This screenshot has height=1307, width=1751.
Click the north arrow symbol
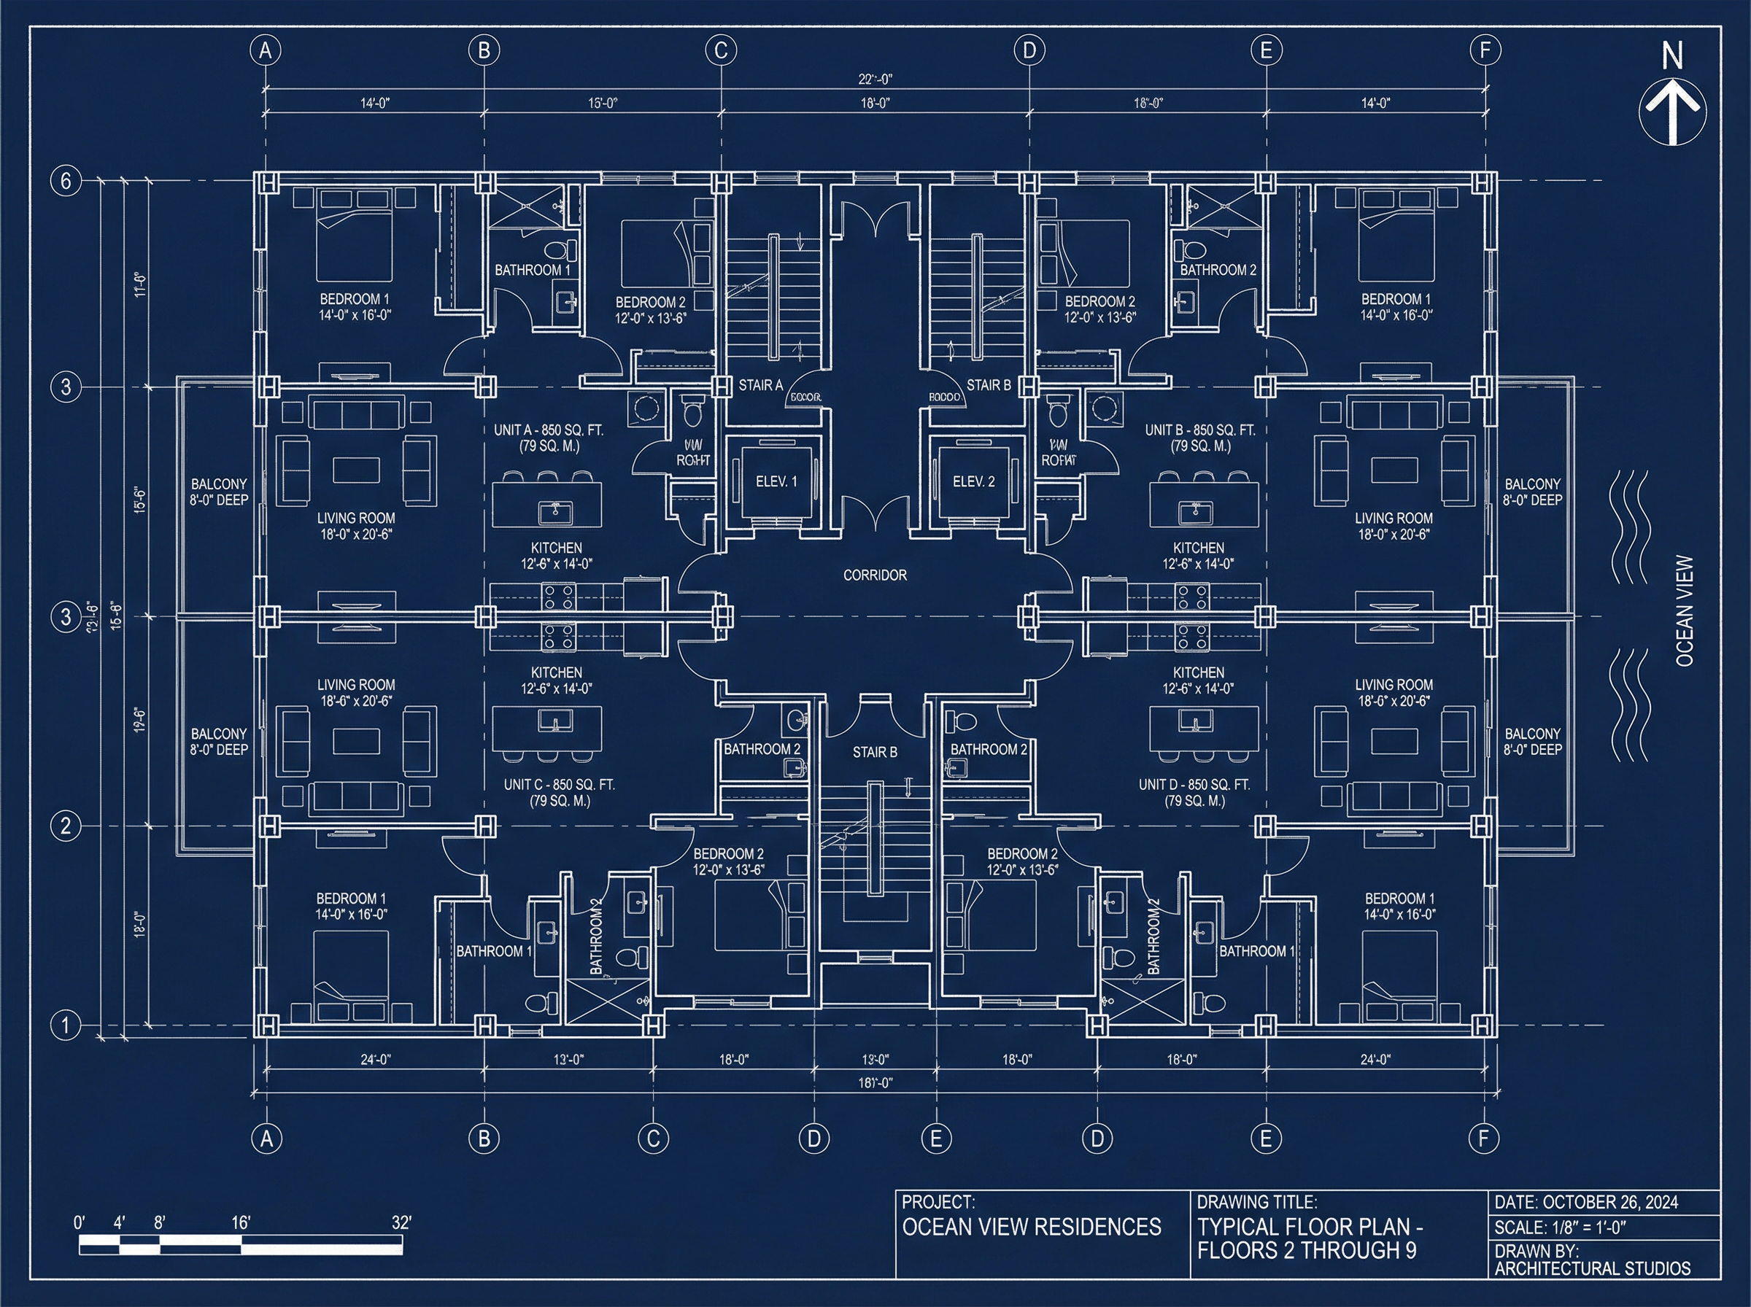point(1672,111)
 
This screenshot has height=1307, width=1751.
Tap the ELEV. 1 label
point(776,481)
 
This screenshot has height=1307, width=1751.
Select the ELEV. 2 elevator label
point(973,481)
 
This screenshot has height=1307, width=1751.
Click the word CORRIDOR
point(874,575)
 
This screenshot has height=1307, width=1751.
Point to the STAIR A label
point(760,385)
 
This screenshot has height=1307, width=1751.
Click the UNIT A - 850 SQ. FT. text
point(549,430)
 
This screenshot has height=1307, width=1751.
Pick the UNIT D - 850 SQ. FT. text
point(1194,785)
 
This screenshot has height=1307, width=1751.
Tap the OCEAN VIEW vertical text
point(1685,610)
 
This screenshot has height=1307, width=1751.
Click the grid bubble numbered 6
point(66,181)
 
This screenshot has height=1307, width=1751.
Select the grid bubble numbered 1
point(66,1025)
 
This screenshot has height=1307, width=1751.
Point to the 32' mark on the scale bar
point(401,1223)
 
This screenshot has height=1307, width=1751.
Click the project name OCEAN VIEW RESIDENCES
point(1032,1227)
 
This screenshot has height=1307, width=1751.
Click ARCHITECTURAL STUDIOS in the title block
point(1592,1269)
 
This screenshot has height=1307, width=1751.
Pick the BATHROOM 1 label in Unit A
point(533,271)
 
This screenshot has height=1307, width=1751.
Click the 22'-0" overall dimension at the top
point(875,79)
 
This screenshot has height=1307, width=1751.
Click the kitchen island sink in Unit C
point(555,721)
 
